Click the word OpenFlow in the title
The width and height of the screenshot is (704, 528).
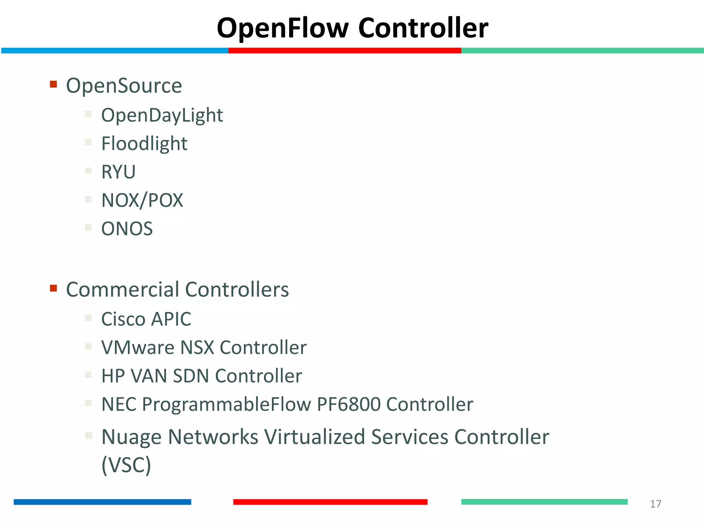click(283, 28)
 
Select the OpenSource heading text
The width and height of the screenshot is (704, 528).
click(124, 86)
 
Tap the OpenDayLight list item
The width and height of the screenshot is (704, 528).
click(162, 115)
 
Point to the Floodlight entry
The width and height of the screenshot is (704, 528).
click(144, 144)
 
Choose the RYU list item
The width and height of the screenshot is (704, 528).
click(118, 172)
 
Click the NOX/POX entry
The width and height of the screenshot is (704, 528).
click(142, 200)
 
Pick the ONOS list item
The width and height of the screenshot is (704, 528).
click(127, 229)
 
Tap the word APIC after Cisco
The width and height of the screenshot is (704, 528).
click(171, 319)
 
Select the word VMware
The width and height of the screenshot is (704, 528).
click(138, 348)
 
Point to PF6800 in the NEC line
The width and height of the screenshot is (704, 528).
click(349, 404)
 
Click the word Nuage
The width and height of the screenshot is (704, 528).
click(131, 437)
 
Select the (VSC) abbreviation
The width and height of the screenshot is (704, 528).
click(126, 465)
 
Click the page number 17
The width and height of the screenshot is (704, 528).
click(655, 504)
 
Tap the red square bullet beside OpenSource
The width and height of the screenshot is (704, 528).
click(53, 84)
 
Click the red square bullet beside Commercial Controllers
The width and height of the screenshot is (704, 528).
click(53, 288)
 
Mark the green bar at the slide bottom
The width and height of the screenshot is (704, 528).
click(544, 502)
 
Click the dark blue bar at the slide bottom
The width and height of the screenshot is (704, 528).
click(102, 502)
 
